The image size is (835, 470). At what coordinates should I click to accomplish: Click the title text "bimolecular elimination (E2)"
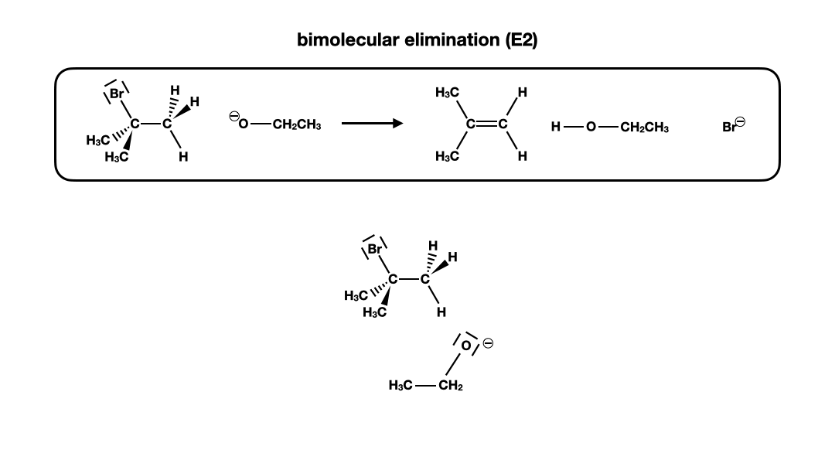coord(417,40)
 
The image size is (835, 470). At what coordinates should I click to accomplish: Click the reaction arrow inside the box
coord(372,124)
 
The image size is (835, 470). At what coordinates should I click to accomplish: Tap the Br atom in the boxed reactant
coord(117,94)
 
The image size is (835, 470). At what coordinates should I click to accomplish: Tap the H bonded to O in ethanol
coord(555,127)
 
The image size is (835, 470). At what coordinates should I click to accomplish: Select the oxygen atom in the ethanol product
coord(591,127)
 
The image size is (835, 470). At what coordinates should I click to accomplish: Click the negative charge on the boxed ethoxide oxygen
coord(233,117)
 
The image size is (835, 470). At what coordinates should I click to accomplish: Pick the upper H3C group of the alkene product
coord(448,93)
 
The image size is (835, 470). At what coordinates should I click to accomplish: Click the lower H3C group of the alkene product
coord(448,157)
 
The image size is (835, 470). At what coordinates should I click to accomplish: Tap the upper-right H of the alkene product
coord(523,93)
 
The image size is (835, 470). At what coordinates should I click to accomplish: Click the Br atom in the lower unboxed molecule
coord(375,249)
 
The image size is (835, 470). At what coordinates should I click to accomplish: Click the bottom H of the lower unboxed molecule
coord(441,312)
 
